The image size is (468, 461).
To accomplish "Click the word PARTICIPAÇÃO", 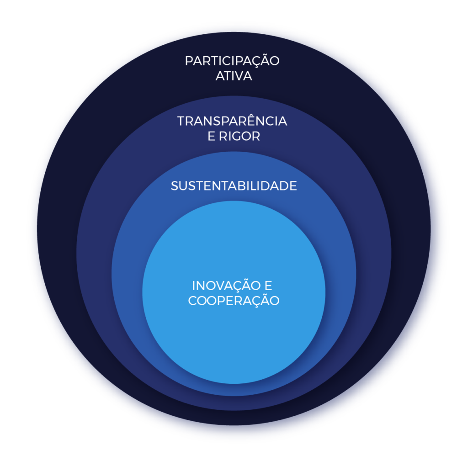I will coord(232,61).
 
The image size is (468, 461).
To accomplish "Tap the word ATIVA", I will coord(234,76).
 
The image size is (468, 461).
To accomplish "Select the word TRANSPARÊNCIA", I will coord(232,122).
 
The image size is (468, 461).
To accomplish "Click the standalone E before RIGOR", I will coord(211,137).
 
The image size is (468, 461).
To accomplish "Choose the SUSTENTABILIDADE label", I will coord(234,186).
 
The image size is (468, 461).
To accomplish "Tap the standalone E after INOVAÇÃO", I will coord(268,286).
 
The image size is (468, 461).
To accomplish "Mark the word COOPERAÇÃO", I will coord(234,301).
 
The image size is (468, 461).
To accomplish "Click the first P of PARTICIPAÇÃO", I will coord(188,61).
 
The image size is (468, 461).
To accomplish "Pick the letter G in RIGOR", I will coord(239,137).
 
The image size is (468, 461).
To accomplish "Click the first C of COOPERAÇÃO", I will coord(192,301).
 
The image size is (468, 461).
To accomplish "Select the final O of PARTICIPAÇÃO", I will coord(274,61).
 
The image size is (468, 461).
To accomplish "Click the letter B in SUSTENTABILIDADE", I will coord(242,186).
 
